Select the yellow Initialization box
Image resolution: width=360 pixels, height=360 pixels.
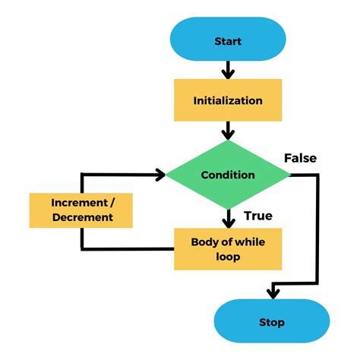coord(228,100)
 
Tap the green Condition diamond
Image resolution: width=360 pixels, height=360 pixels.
coord(228,175)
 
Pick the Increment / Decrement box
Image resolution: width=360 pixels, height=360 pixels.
coord(81,210)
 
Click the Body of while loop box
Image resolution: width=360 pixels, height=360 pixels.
coord(228,248)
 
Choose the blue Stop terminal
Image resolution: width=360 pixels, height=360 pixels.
coord(271,322)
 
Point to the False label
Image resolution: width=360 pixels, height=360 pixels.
coord(300,158)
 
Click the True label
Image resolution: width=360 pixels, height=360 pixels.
coord(258,216)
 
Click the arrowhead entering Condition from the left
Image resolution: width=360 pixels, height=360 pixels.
coord(160,175)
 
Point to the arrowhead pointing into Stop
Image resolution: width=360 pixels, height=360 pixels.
coord(271,292)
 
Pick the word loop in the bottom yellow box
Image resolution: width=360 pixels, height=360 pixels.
coord(228,256)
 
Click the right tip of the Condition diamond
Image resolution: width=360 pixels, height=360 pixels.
coord(290,175)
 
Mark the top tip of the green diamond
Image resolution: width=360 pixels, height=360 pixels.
coord(228,141)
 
